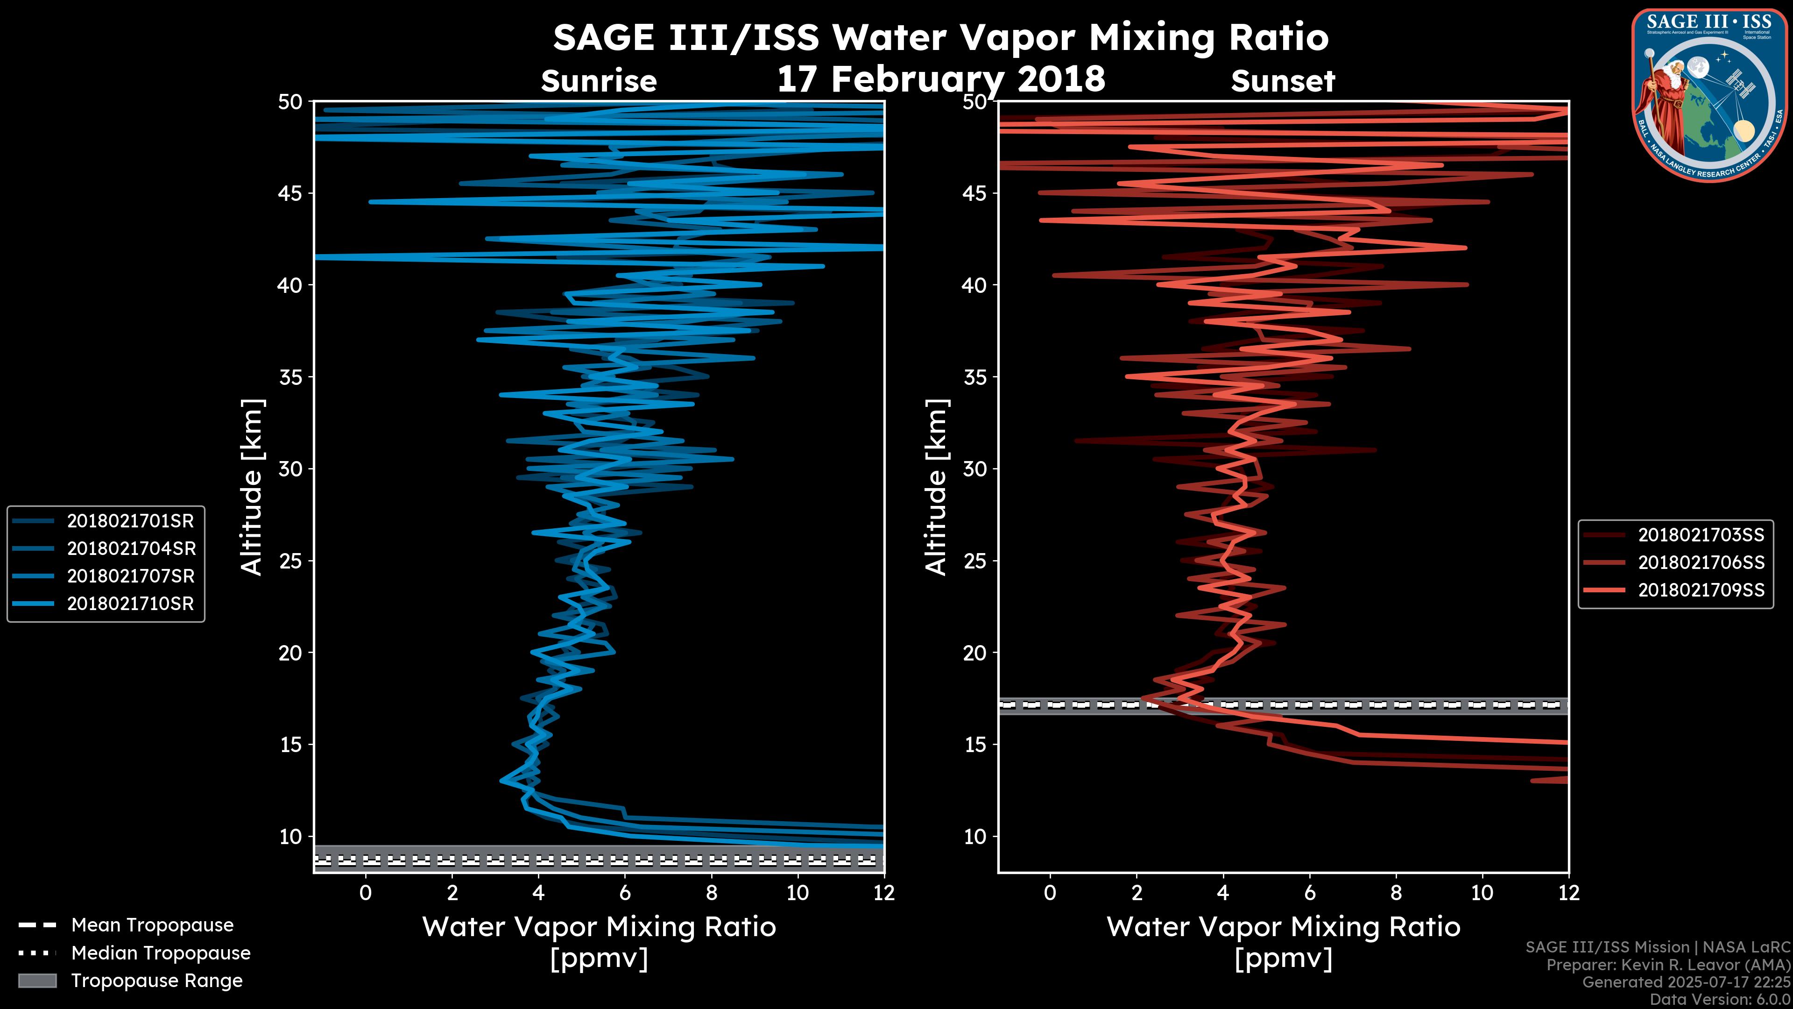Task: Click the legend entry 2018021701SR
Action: pos(130,521)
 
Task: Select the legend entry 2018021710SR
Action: pos(130,604)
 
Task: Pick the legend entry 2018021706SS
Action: pos(1701,562)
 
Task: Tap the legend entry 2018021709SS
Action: pos(1701,590)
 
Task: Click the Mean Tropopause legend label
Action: pos(152,925)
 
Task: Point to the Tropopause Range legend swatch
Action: pos(37,981)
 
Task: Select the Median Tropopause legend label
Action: pos(161,953)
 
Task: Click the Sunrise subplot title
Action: pos(599,81)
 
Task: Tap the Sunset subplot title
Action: pos(1283,81)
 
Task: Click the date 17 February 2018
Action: pos(941,78)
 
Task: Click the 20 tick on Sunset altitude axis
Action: pos(975,653)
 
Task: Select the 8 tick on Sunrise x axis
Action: pos(711,893)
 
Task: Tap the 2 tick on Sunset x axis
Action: pos(1137,893)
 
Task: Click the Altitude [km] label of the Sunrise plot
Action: pos(252,487)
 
